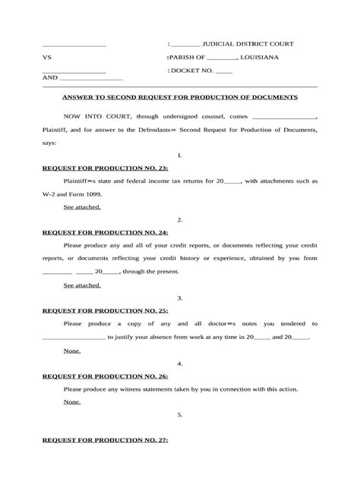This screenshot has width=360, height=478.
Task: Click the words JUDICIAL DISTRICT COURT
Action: click(x=248, y=44)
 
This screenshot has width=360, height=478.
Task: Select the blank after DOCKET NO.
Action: click(x=224, y=71)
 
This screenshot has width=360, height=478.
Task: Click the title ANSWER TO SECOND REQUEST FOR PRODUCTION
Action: click(x=180, y=97)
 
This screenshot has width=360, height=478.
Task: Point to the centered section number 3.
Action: click(x=180, y=298)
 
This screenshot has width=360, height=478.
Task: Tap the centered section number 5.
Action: click(x=180, y=415)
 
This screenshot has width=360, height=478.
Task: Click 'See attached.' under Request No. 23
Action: click(x=82, y=206)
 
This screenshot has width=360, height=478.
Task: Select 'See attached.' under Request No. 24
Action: click(x=82, y=285)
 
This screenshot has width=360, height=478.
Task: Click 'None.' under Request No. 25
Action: click(x=72, y=351)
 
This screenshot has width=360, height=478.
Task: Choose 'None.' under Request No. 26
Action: click(x=72, y=401)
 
